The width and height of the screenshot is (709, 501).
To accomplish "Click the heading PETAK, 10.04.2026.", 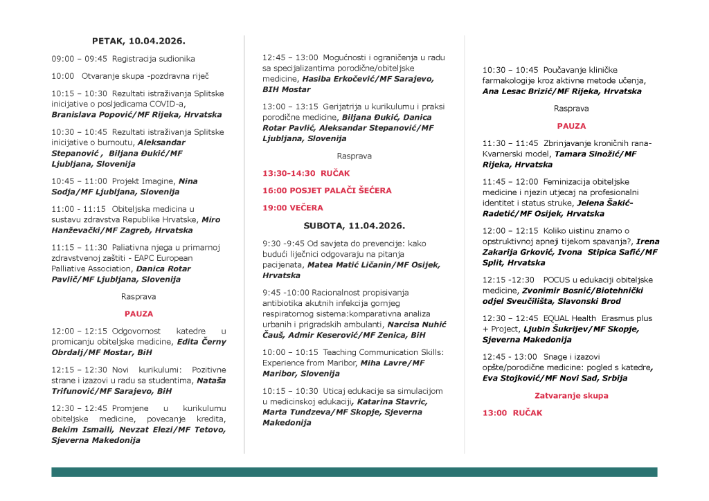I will (x=138, y=41).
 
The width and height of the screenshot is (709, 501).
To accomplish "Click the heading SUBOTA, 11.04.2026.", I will (x=354, y=226).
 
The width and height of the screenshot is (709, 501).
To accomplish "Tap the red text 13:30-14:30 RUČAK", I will (x=306, y=173).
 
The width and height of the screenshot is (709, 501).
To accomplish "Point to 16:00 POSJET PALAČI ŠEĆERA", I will (x=327, y=190).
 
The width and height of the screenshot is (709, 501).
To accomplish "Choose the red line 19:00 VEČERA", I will (x=292, y=208).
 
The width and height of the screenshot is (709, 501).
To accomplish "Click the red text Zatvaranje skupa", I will (x=571, y=396).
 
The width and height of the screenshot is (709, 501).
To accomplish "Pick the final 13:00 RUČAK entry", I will (x=512, y=413).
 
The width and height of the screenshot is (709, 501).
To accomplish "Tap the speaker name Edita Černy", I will (x=201, y=342).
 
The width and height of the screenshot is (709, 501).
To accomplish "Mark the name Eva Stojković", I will (x=513, y=379).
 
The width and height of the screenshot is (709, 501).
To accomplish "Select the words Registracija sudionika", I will (x=153, y=59).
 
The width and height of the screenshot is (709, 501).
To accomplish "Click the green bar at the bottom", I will (x=354, y=472).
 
